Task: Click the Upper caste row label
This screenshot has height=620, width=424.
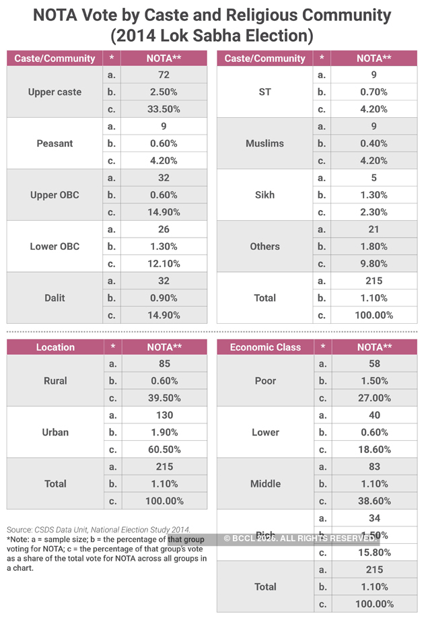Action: pyautogui.click(x=55, y=92)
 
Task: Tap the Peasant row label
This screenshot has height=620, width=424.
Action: pyautogui.click(x=55, y=143)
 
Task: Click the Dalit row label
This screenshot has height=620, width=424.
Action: pyautogui.click(x=55, y=298)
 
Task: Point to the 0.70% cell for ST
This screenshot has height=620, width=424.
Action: pyautogui.click(x=374, y=92)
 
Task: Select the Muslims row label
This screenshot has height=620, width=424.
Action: pyautogui.click(x=265, y=143)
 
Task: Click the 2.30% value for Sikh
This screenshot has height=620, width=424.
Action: pyautogui.click(x=374, y=212)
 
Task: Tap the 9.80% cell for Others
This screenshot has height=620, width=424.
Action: pyautogui.click(x=374, y=263)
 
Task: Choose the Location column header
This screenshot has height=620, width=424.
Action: pyautogui.click(x=55, y=347)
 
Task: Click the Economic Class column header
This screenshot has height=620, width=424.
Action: pyautogui.click(x=265, y=347)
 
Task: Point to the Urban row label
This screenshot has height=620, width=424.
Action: pyautogui.click(x=55, y=432)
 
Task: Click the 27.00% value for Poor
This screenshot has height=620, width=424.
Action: pyautogui.click(x=374, y=398)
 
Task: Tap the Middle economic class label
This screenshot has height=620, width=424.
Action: pyautogui.click(x=265, y=483)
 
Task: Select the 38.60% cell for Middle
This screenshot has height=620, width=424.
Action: pyautogui.click(x=374, y=501)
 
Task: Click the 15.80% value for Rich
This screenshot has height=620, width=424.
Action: pyautogui.click(x=374, y=552)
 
